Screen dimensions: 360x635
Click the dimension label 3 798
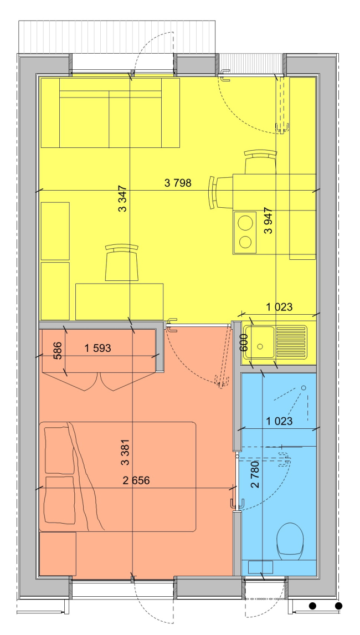point(178,183)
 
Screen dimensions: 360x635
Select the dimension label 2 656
point(136,480)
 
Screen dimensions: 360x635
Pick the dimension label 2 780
point(255,475)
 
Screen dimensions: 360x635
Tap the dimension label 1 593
point(97,348)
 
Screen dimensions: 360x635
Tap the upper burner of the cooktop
point(245,223)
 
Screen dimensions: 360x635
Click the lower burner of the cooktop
point(245,242)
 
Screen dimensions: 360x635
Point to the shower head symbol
point(304,388)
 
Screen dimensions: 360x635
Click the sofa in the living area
point(110,113)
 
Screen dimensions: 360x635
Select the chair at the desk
point(121,263)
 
